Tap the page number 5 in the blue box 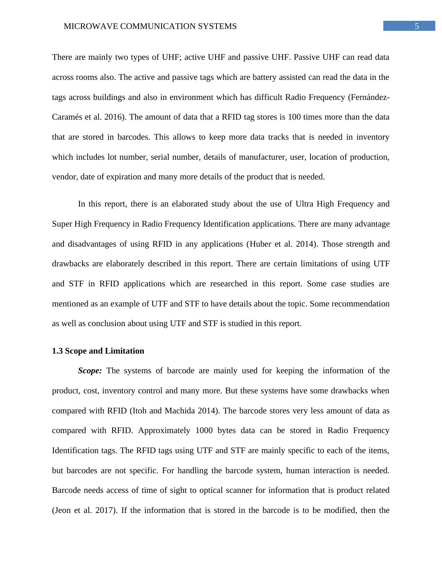coord(417,26)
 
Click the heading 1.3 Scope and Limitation coord(98,351)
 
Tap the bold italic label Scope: coord(90,371)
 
